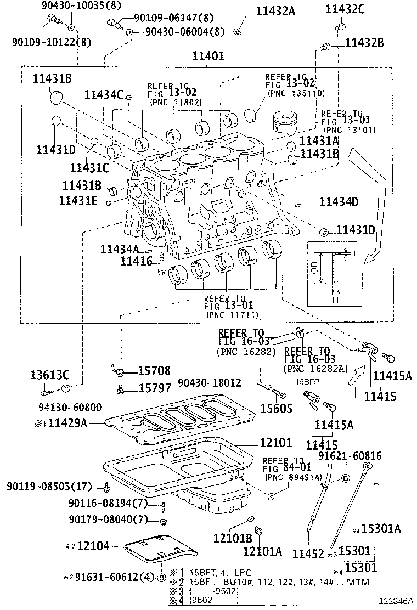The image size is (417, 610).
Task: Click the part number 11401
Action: click(208, 57)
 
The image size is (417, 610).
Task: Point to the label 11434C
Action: click(104, 95)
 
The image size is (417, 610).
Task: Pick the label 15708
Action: click(154, 371)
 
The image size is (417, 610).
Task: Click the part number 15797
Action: click(154, 388)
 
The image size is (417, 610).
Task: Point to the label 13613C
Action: click(49, 375)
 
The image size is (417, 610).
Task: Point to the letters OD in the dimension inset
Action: click(314, 267)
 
